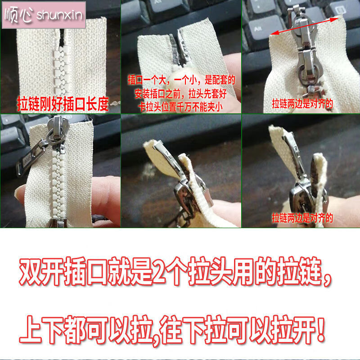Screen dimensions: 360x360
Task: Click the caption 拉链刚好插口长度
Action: tap(63, 104)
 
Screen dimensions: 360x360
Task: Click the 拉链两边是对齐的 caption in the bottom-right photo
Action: tap(302, 218)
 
